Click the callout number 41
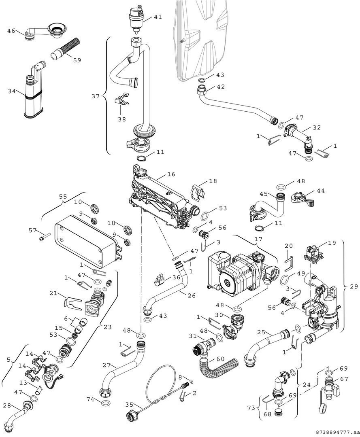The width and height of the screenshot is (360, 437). [x=158, y=17]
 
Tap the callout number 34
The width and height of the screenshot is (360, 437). [x=12, y=92]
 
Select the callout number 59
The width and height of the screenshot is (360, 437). [x=77, y=60]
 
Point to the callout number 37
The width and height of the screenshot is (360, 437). [x=96, y=96]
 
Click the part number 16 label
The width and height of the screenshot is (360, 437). [x=171, y=174]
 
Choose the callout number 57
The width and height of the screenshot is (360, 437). [x=32, y=230]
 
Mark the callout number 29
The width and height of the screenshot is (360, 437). [x=353, y=286]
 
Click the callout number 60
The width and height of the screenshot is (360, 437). [x=220, y=359]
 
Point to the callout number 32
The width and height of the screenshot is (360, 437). [x=316, y=127]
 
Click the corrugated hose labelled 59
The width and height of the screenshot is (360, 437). [x=69, y=49]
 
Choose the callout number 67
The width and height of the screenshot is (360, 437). [x=344, y=379]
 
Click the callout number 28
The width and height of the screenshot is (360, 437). [x=7, y=405]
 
